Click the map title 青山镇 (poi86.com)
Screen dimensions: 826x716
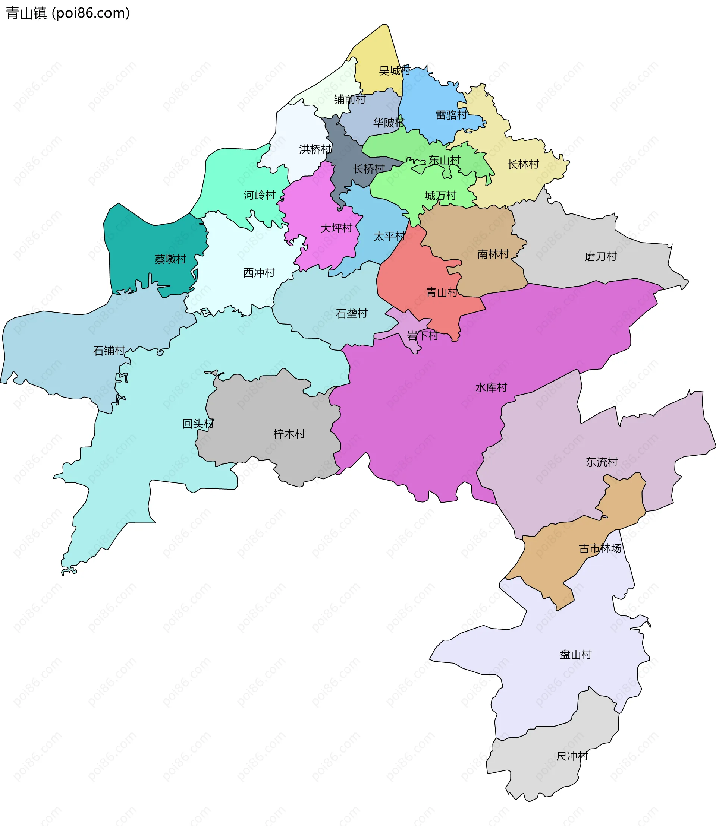click(68, 13)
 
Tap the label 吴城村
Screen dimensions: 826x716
click(395, 71)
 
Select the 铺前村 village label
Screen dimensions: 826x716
click(350, 99)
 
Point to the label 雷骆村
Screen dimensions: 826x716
click(451, 115)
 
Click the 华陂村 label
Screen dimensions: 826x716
click(389, 123)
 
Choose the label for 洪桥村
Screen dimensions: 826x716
click(315, 149)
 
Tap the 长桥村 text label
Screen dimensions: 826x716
click(369, 169)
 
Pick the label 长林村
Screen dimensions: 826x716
click(523, 164)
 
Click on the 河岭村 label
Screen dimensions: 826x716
click(260, 195)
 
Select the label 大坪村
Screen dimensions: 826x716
click(336, 228)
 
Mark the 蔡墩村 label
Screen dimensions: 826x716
click(170, 259)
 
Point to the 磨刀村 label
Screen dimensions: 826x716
click(600, 256)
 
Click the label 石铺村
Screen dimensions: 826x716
click(109, 351)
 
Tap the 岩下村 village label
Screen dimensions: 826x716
click(422, 335)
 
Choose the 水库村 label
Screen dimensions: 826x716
click(491, 387)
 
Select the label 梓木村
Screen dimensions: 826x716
click(289, 434)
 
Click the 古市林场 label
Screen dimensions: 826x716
click(600, 548)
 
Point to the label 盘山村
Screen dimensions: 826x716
click(575, 654)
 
